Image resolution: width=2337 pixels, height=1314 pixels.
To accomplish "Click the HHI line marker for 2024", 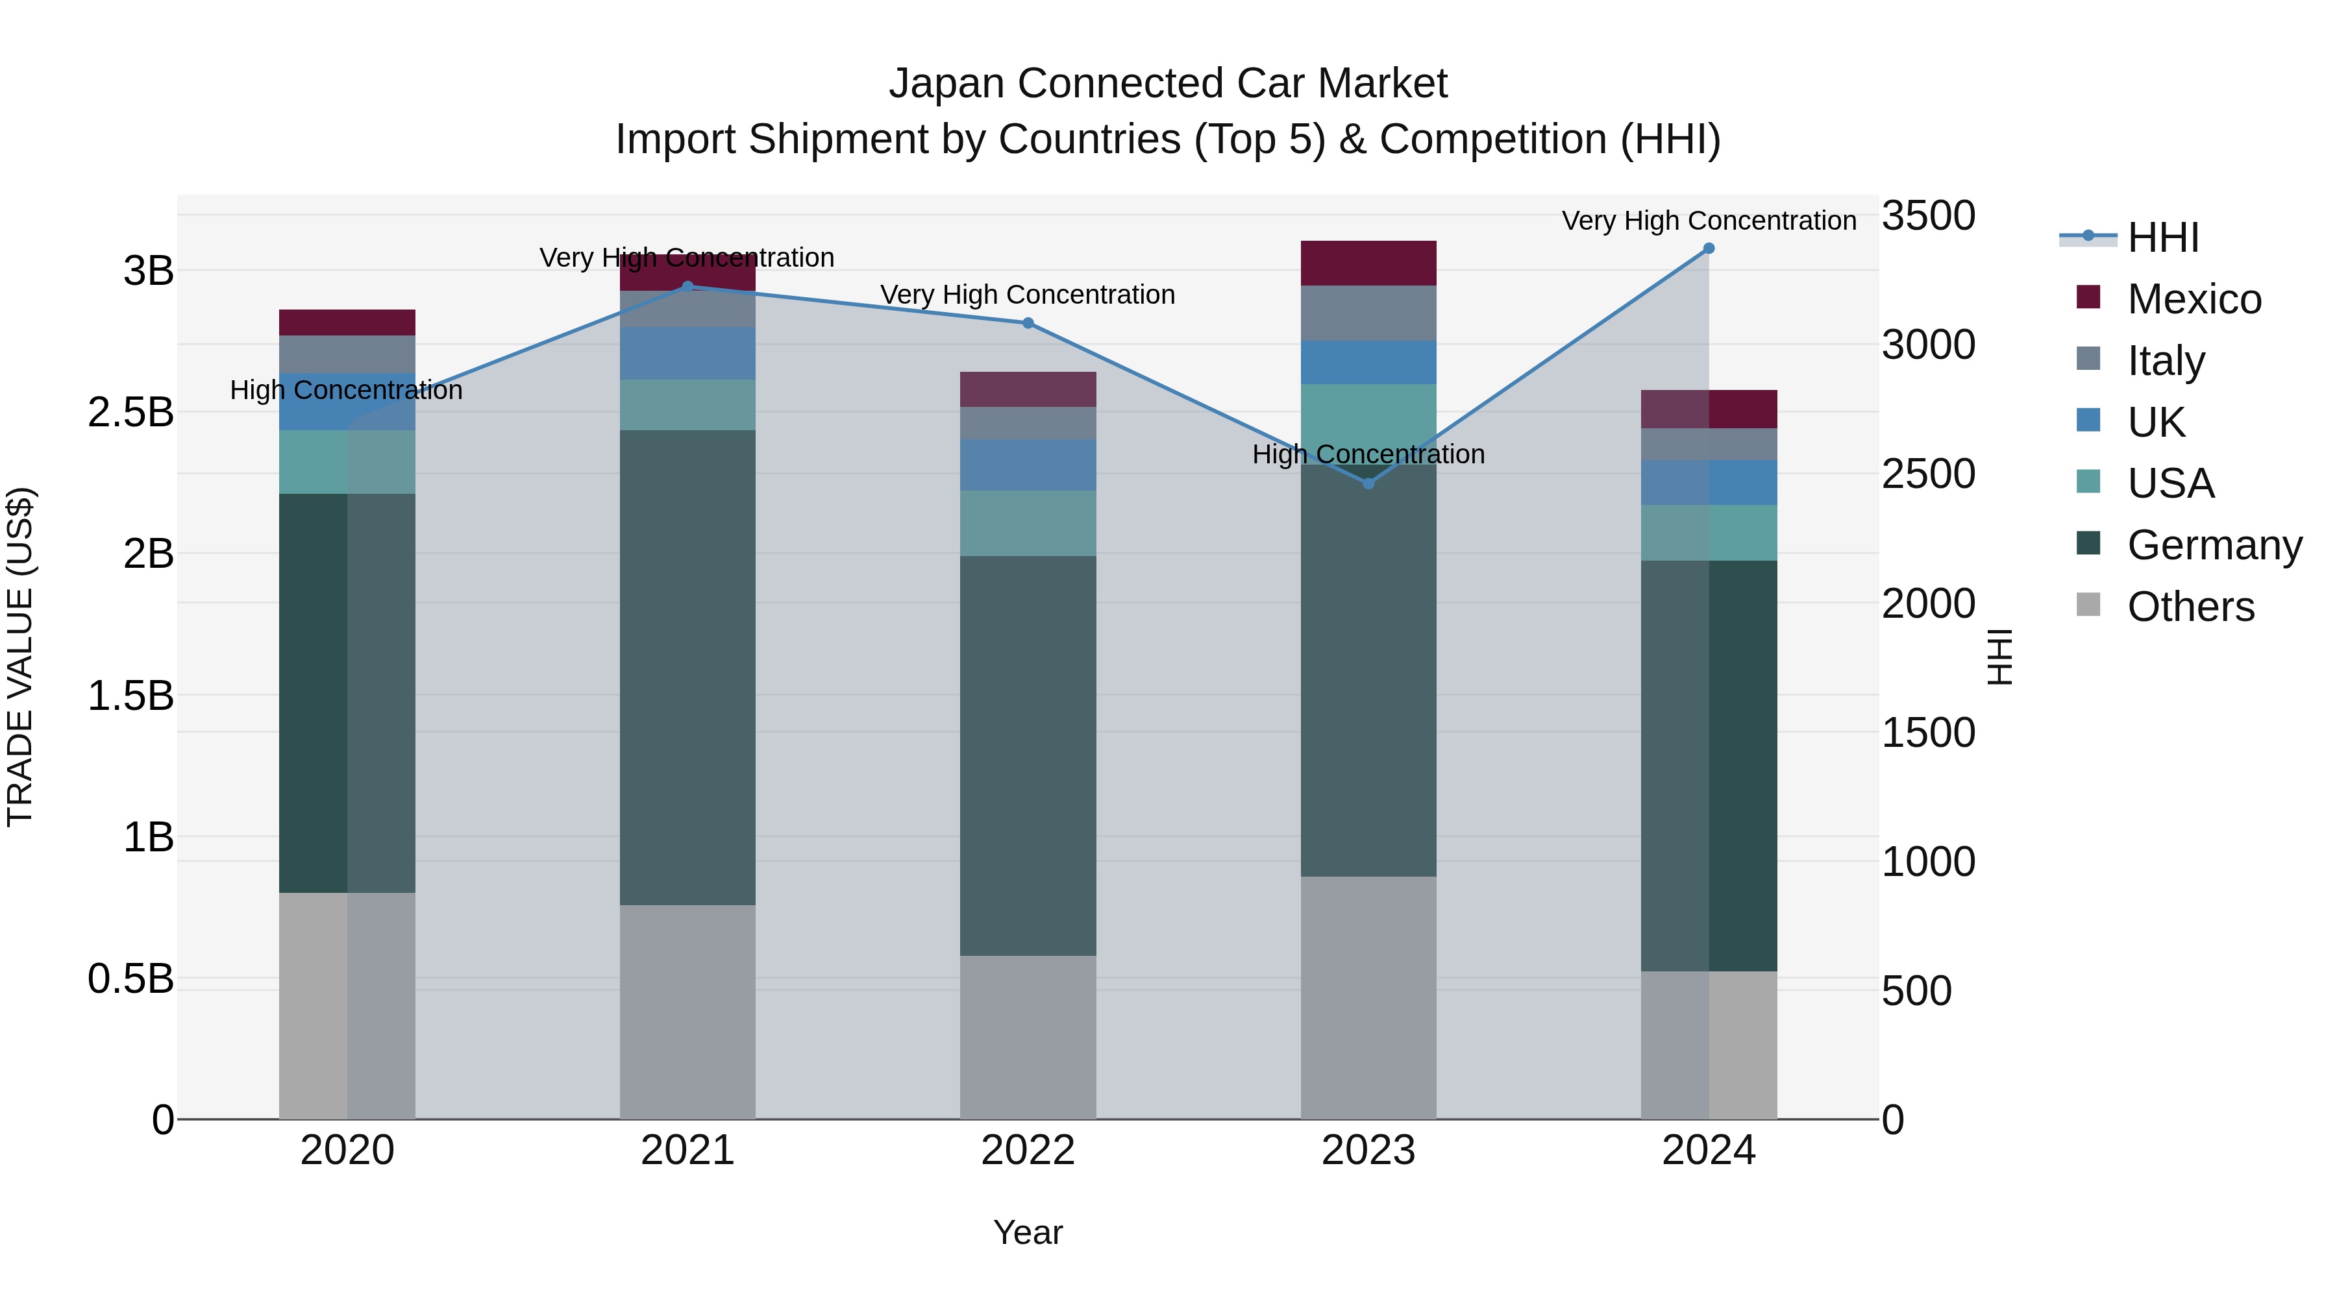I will point(1709,249).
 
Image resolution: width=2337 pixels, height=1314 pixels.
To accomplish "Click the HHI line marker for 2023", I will point(1368,483).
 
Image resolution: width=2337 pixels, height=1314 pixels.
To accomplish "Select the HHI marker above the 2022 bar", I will point(1028,323).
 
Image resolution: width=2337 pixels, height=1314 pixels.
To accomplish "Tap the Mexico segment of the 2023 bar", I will point(1368,263).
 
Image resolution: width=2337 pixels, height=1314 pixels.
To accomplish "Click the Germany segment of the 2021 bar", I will point(687,666).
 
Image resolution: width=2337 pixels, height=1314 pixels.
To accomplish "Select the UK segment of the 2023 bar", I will point(1368,362).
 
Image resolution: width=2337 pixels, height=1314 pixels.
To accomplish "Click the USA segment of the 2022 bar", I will point(1028,522).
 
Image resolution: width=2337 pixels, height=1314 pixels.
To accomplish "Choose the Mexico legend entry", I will point(2194,299).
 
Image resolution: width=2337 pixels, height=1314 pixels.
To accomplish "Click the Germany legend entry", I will point(2214,545).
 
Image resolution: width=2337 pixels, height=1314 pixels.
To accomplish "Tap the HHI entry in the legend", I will point(2163,237).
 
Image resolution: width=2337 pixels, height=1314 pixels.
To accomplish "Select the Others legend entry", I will point(2190,607).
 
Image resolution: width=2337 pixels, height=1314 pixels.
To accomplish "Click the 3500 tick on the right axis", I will point(1928,216).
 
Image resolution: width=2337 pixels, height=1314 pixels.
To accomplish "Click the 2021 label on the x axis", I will point(687,1150).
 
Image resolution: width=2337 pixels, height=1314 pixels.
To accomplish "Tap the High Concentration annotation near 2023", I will point(1368,454).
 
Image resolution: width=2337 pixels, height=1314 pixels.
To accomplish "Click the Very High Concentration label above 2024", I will point(1709,221).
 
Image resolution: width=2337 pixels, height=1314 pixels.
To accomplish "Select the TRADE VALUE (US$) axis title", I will point(20,657).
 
